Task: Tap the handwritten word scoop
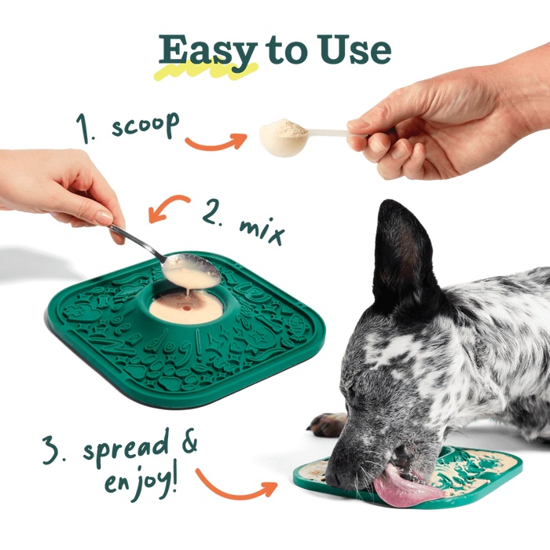[145, 126]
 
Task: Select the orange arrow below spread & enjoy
[236, 484]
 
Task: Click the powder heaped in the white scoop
[283, 128]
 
